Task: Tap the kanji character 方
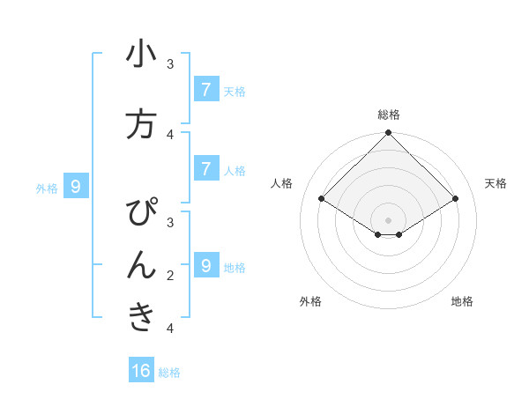141,124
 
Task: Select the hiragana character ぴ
142,212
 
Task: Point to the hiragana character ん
141,264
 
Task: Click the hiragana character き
141,318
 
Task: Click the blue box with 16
141,371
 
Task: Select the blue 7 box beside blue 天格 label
205,89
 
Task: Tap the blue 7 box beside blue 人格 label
205,168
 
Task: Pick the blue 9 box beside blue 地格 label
205,265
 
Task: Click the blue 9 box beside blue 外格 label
76,186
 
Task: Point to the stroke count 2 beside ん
170,276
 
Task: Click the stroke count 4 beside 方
170,134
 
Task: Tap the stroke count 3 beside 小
170,64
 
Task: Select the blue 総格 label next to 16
169,373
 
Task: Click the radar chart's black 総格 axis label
388,115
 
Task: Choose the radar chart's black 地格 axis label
462,301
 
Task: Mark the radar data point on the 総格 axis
388,133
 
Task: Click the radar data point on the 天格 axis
456,199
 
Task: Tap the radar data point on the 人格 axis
321,199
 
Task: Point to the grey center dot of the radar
388,220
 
